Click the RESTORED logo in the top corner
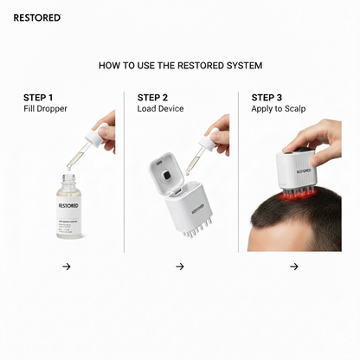point(37,16)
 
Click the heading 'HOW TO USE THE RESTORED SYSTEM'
point(180,65)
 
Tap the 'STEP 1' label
point(38,97)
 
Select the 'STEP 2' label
point(152,97)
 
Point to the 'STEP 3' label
point(267,97)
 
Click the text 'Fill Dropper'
point(44,109)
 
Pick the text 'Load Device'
point(160,109)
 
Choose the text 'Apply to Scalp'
point(279,109)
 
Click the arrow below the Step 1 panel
point(66,267)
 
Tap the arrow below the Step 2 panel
point(180,267)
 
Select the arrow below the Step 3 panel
point(294,267)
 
